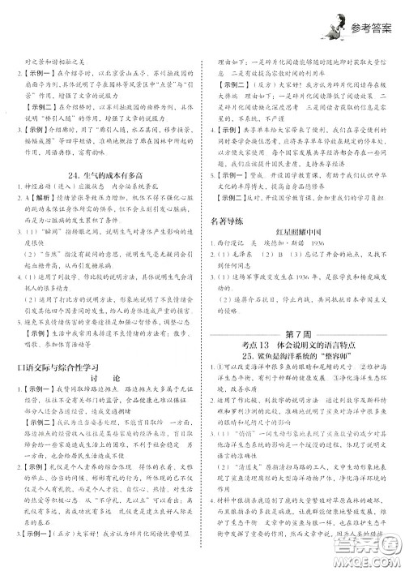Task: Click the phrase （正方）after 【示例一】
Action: click(x=67, y=557)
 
